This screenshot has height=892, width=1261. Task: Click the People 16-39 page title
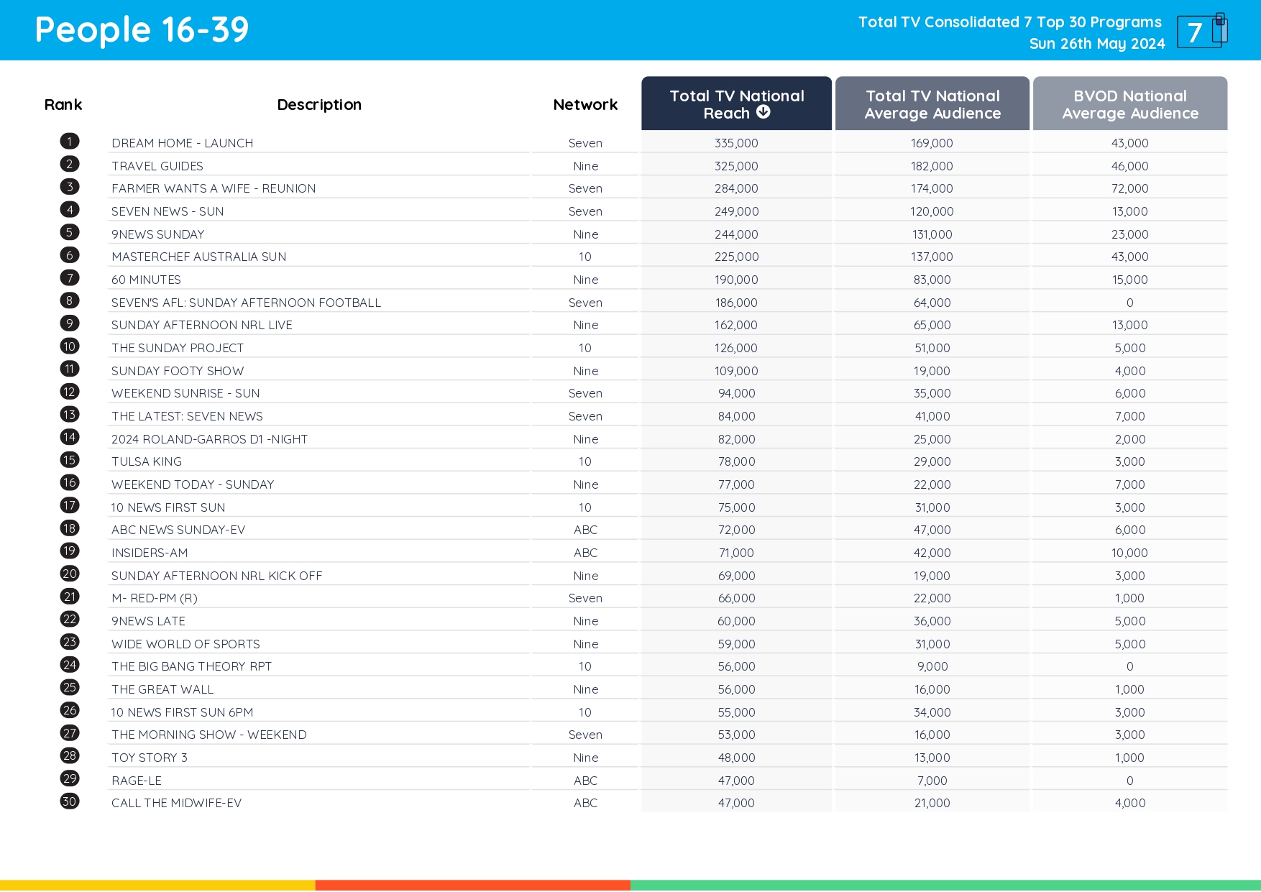coord(142,30)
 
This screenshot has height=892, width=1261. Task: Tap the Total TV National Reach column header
coord(736,104)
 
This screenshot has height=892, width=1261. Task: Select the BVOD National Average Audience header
coord(1129,104)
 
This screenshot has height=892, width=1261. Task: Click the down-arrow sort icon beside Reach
coord(764,112)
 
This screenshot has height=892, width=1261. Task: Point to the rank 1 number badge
coord(70,142)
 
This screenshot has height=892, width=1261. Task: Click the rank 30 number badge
coord(70,801)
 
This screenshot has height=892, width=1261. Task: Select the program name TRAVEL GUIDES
coord(157,166)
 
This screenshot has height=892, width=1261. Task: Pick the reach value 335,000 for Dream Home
coord(736,143)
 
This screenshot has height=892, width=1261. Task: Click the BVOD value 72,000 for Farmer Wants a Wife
coord(1129,188)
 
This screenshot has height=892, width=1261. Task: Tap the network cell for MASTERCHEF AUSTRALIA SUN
coord(585,257)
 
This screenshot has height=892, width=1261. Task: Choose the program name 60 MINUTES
coord(146,280)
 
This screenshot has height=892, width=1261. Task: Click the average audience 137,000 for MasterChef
coord(932,257)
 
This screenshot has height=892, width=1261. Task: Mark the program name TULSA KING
coord(147,461)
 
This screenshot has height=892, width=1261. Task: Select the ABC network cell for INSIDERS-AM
coord(585,553)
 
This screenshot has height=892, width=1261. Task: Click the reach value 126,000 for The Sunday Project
coord(736,348)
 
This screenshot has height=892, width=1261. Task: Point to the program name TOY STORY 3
coord(150,758)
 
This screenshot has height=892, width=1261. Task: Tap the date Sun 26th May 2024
coord(1096,44)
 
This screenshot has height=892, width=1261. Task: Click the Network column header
coord(585,105)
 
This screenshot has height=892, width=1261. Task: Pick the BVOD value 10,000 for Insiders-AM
coord(1129,553)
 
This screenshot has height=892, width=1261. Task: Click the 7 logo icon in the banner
coord(1201,32)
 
